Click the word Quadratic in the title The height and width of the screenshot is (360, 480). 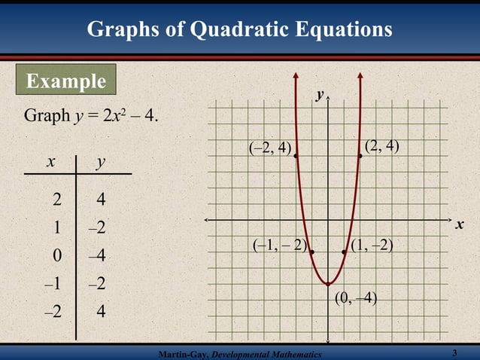pos(240,29)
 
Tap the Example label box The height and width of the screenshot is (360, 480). pos(66,81)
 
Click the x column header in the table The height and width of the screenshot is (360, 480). pos(50,161)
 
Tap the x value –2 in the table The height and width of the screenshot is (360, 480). pos(53,311)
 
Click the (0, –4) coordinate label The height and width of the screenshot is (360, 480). pos(356,298)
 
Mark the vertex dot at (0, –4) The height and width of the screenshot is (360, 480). pos(329,284)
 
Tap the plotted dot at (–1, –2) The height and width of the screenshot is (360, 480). pos(312,252)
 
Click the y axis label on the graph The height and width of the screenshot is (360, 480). pos(319,96)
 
